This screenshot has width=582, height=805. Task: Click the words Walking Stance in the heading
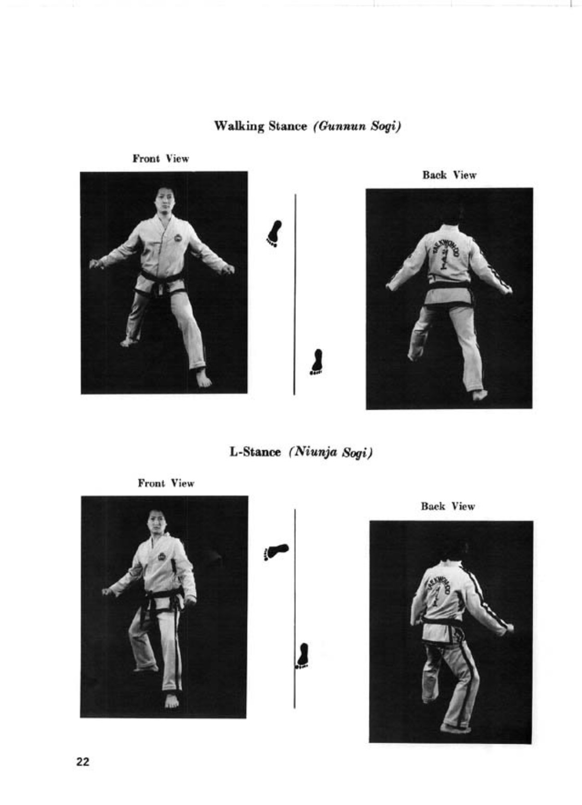point(261,126)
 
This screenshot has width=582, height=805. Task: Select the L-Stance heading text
point(255,452)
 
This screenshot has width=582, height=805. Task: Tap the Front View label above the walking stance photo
point(161,159)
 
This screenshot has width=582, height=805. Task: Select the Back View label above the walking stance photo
point(449,175)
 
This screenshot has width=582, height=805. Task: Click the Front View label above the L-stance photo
point(166,483)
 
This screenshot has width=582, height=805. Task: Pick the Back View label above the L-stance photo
point(448,507)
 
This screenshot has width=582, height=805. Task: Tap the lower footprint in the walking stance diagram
point(317,362)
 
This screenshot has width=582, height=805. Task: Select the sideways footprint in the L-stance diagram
point(276,552)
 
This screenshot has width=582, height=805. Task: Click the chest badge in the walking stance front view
point(177,238)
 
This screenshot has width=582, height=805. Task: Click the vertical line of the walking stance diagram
point(295,294)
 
